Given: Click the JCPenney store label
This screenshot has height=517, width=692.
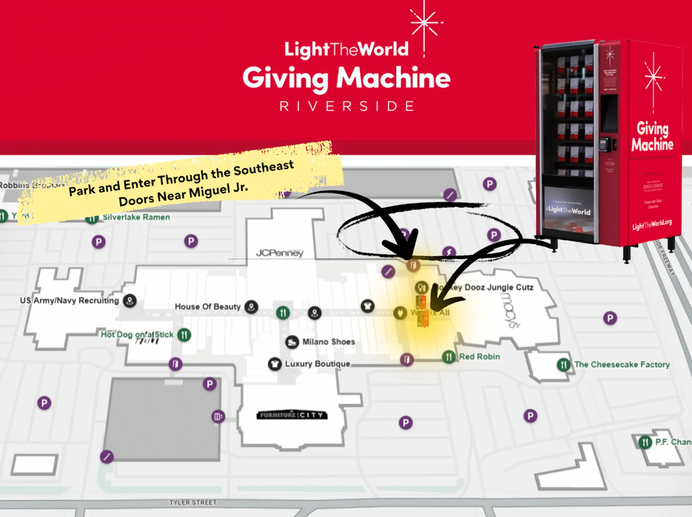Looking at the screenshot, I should coord(280,253).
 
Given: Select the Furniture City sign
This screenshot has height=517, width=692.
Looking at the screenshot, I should coord(292,415).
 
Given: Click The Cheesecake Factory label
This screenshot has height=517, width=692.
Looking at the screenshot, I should coord(621,364).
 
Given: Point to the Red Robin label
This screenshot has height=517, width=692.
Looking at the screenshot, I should coord(479,357).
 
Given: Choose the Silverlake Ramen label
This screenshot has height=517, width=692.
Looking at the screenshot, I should coord(136,217).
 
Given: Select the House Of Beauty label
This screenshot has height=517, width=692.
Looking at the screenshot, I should coord(208,307).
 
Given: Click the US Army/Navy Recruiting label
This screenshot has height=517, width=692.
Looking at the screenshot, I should coord(69,301).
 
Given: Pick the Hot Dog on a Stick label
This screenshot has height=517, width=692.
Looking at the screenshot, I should coord(137,335).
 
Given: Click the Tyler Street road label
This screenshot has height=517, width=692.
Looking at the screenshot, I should coord(193,503).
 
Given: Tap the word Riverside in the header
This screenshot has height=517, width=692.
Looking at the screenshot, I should coord(347,106).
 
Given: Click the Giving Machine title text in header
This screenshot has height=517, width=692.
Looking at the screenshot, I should coord(347,78).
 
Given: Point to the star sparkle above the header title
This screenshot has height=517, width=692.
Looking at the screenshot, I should coord(424,23).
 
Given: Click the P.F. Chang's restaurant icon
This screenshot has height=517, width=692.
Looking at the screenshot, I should coord(645,442).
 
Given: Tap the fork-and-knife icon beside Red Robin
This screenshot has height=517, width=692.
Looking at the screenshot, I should coord(449,357).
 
